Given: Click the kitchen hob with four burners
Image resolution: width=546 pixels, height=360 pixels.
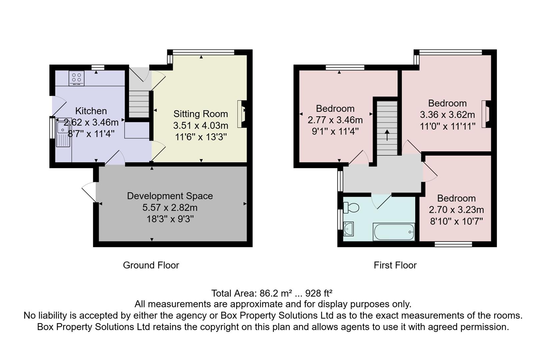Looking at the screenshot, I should pyautogui.click(x=76, y=78).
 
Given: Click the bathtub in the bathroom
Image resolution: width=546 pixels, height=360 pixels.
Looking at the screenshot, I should pyautogui.click(x=394, y=231).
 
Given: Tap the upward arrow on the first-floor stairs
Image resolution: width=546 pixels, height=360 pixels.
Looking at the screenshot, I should pyautogui.click(x=387, y=135).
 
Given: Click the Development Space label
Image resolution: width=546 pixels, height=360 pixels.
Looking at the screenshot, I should pyautogui.click(x=170, y=196).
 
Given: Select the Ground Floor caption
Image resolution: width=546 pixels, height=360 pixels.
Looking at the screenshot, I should pyautogui.click(x=151, y=265).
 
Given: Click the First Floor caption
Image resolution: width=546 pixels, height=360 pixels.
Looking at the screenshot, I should pyautogui.click(x=395, y=265).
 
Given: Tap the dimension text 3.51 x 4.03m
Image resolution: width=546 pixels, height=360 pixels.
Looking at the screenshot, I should pyautogui.click(x=200, y=126).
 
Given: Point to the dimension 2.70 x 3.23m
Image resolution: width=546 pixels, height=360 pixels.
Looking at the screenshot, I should pyautogui.click(x=456, y=210).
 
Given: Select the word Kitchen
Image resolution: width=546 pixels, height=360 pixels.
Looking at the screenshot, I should pyautogui.click(x=91, y=111).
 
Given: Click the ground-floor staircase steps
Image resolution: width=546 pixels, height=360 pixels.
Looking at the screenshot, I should pyautogui.click(x=139, y=103).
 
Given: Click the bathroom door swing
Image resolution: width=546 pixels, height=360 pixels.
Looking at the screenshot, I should pyautogui.click(x=382, y=201).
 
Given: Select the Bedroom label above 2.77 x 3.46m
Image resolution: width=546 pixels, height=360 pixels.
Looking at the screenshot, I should pyautogui.click(x=335, y=109).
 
